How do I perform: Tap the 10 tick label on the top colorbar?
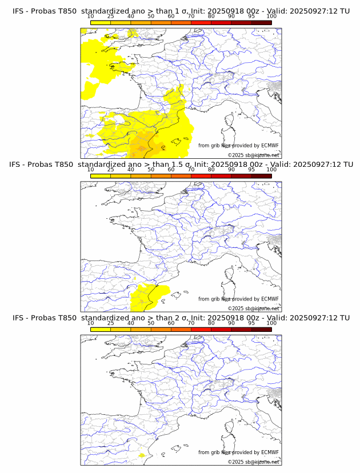click(x=90, y=16)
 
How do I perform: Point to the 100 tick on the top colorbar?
click(x=271, y=16)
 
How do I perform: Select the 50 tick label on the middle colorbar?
click(x=151, y=170)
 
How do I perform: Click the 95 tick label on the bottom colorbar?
click(x=251, y=323)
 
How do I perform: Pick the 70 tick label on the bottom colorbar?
click(x=191, y=323)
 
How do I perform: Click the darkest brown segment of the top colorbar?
click(x=261, y=22)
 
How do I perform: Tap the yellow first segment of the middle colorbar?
click(x=100, y=176)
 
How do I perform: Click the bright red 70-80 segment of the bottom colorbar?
click(x=201, y=330)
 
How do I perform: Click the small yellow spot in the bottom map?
click(x=141, y=455)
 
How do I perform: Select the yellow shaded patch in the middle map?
click(x=146, y=297)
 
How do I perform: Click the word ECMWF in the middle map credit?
click(x=269, y=299)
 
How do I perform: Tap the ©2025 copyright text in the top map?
click(x=235, y=155)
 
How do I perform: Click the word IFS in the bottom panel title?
click(x=19, y=318)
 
